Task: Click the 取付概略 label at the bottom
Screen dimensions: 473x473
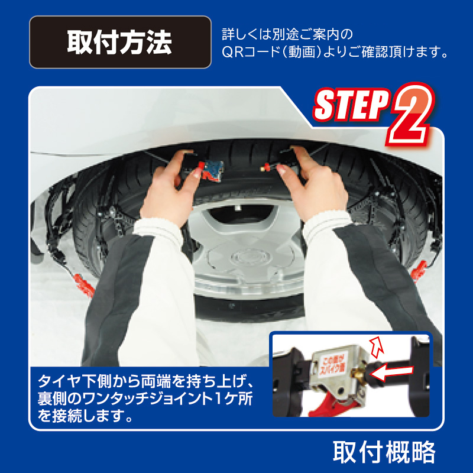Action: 384,452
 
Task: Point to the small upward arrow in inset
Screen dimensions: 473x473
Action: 377,344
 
